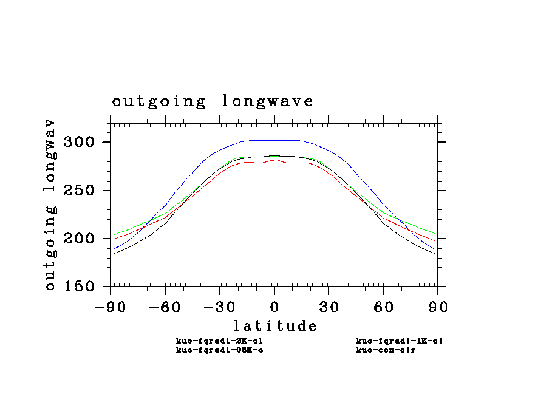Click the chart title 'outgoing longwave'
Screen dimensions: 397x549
pos(213,101)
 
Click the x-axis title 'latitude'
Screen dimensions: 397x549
pos(274,326)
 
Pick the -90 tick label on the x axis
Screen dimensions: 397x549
pos(111,307)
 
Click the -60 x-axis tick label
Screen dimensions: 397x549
pos(165,307)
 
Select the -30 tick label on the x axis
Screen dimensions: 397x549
pos(220,307)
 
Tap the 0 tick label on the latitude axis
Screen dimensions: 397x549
pos(274,307)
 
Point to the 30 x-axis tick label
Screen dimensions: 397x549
pos(329,307)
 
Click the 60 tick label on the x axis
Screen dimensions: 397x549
pos(383,307)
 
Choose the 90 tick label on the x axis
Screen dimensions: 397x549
pos(438,307)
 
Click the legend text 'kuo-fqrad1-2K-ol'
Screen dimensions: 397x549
pos(219,341)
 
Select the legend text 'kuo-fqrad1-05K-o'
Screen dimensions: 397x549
pos(219,350)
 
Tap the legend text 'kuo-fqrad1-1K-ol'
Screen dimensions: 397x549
pos(399,341)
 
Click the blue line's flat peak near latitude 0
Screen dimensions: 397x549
pos(274,140)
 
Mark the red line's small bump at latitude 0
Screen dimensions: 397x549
pos(275,160)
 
